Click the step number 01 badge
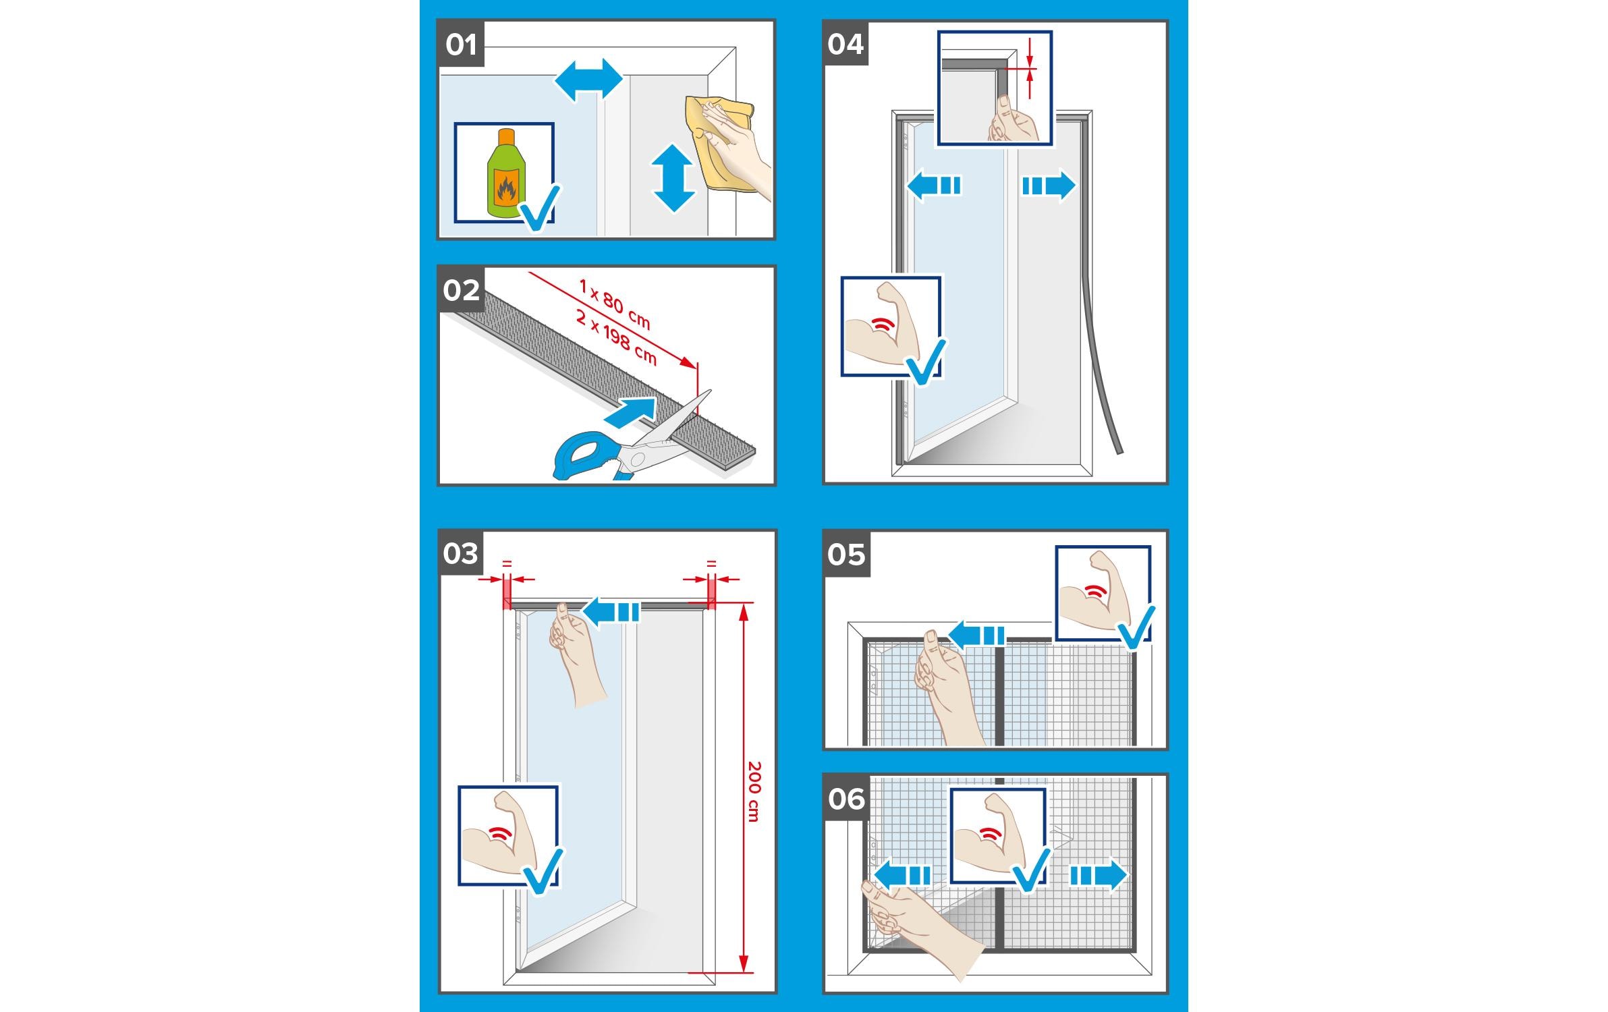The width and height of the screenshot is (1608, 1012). click(462, 45)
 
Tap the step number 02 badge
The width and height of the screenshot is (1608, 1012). click(462, 290)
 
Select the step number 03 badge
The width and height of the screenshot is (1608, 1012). click(462, 553)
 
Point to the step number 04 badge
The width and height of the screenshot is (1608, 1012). click(846, 44)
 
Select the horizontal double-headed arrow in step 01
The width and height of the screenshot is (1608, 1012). click(588, 80)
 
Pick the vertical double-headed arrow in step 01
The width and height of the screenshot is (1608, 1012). click(673, 178)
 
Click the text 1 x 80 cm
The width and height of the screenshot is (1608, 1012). click(614, 304)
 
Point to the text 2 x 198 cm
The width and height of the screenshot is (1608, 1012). click(616, 336)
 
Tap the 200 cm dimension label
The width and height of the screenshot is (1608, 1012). click(754, 791)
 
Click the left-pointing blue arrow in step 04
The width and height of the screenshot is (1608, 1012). click(934, 185)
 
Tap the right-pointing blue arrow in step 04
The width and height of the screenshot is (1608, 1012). click(1049, 185)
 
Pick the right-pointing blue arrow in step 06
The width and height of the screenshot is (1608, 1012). click(1099, 876)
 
